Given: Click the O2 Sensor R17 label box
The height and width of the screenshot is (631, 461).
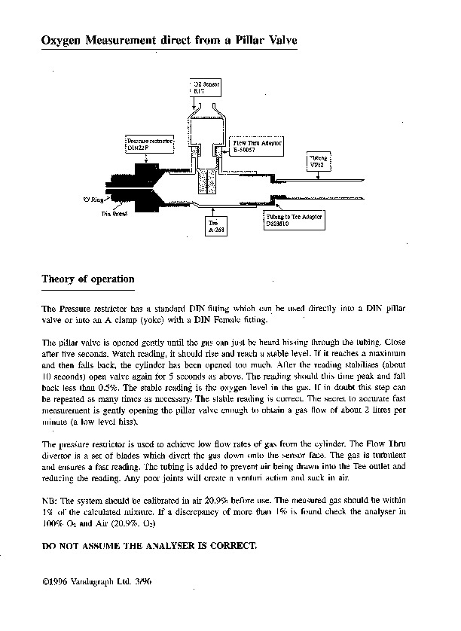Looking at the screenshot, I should (201, 85).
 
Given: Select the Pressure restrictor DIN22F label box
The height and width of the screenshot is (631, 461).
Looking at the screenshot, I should (150, 144).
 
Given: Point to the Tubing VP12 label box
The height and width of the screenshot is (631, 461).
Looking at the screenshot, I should (316, 160).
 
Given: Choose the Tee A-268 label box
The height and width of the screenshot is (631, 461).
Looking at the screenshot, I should (214, 227).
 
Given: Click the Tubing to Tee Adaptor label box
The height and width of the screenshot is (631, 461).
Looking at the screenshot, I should (293, 220).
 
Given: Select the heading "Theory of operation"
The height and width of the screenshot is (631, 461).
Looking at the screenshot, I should (87, 279).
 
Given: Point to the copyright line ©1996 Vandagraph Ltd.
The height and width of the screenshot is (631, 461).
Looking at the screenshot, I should (98, 582).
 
